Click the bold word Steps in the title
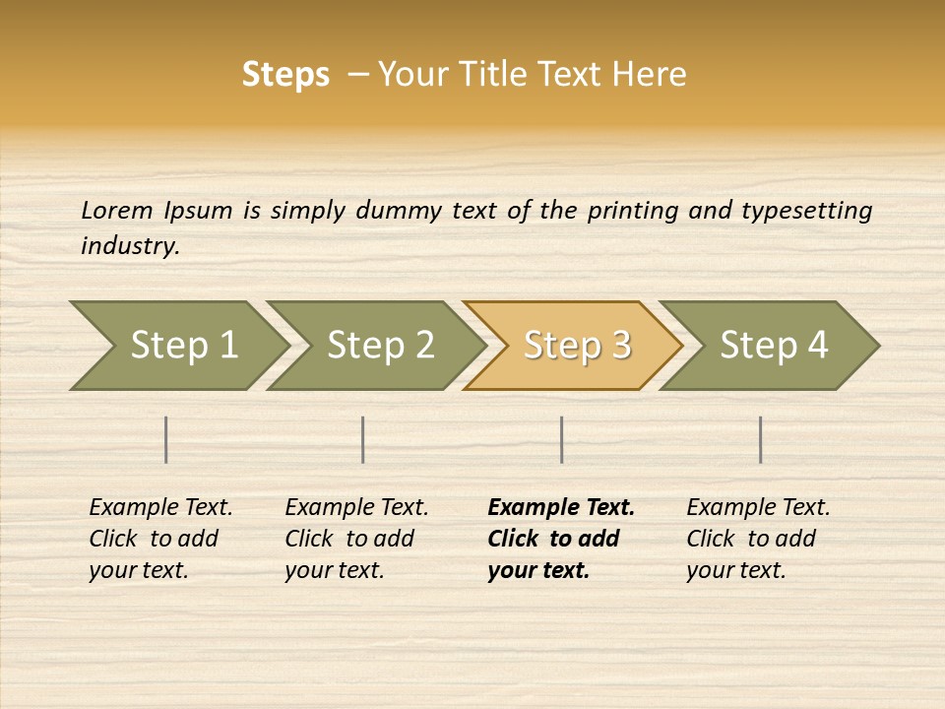(x=285, y=75)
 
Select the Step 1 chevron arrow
(x=181, y=346)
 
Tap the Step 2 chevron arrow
(x=378, y=346)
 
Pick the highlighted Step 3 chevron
(x=575, y=346)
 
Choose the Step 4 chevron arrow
(x=772, y=346)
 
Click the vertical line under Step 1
(x=166, y=439)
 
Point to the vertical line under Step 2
(x=363, y=439)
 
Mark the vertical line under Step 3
(x=562, y=439)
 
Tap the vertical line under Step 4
(x=761, y=439)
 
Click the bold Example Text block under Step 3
(x=561, y=539)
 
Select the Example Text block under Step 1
(x=160, y=539)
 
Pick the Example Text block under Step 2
(x=356, y=539)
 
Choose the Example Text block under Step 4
(x=758, y=539)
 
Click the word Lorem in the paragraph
(x=116, y=211)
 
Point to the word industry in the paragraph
(x=130, y=246)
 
